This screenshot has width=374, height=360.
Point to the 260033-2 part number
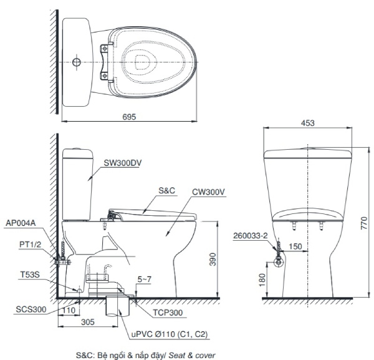(252, 236)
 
